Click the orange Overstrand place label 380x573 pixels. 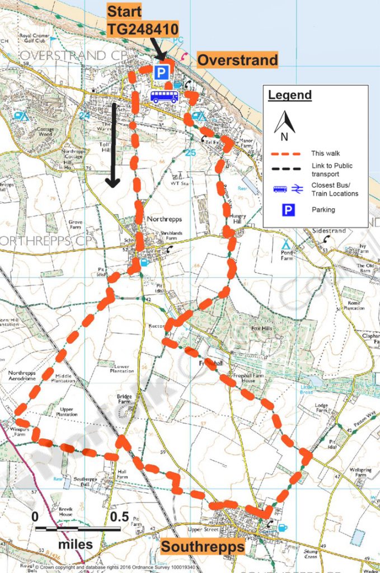tap(238, 60)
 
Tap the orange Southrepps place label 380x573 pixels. tap(203, 546)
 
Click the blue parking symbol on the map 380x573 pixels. tap(161, 72)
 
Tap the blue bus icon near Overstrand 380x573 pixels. tap(164, 96)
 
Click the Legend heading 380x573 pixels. tap(289, 95)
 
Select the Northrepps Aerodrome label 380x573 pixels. tap(22, 375)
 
